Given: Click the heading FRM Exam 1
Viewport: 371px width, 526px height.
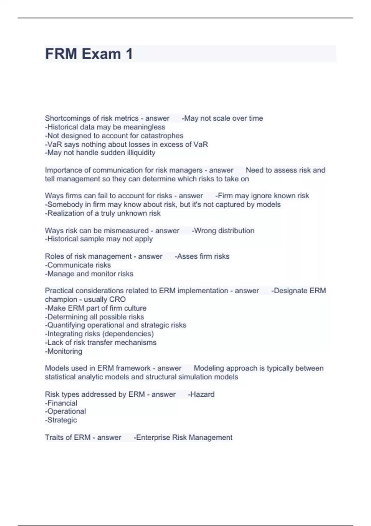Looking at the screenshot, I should (89, 54).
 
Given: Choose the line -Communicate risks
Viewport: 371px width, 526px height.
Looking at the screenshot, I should (78, 265).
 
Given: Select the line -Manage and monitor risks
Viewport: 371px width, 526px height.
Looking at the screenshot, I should (89, 274).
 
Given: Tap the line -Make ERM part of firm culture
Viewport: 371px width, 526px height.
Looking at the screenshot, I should (96, 308).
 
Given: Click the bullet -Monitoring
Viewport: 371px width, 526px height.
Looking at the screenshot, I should (64, 351).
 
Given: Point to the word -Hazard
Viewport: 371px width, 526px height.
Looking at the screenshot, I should (201, 394).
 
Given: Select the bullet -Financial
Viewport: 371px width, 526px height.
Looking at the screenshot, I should (61, 403).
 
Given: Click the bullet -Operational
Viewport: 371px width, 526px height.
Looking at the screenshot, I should (66, 411).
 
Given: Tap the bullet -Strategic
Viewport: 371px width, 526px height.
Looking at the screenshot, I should (61, 420).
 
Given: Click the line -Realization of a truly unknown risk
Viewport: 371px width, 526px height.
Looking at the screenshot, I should (103, 213).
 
